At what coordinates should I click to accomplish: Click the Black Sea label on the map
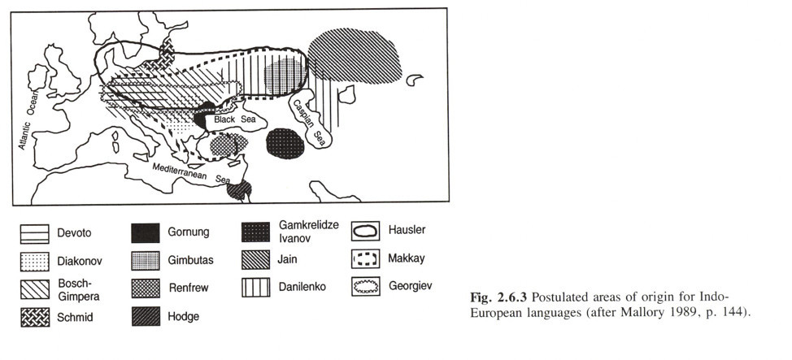234,119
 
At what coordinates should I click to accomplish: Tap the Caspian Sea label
309,120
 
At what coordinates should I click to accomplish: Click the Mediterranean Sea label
191,171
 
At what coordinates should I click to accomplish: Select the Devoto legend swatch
34,234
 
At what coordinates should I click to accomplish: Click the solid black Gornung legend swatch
146,232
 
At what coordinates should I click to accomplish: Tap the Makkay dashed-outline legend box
366,259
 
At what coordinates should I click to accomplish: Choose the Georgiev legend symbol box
366,287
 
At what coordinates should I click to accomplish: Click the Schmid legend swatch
35,317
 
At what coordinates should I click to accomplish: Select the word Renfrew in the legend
188,288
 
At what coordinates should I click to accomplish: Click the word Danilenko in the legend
302,287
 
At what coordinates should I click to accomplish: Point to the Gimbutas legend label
190,261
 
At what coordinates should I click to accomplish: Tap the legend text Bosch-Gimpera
78,289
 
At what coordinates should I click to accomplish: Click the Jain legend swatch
255,260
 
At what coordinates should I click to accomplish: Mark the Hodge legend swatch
146,316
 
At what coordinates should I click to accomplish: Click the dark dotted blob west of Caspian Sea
285,143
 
